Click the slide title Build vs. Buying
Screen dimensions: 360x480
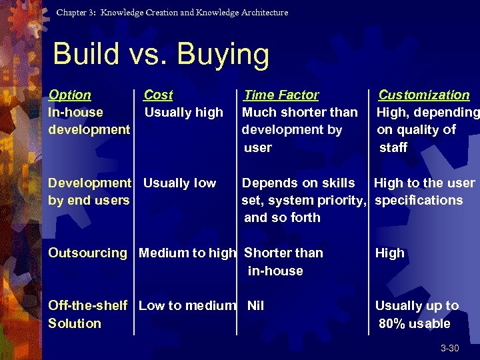[x=161, y=55]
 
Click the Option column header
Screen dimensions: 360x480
[x=70, y=95]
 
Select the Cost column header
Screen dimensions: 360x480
[x=158, y=95]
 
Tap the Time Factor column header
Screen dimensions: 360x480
[x=281, y=95]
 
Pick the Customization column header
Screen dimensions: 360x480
[x=424, y=95]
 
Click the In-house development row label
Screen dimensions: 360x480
[x=89, y=121]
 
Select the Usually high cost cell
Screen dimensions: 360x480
[x=183, y=113]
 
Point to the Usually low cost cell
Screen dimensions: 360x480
[x=180, y=183]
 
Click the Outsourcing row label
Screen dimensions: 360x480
[x=87, y=253]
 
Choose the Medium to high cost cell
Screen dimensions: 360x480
[x=187, y=253]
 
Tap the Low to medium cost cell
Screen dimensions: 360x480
[x=187, y=306]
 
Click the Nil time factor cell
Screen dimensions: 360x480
[x=255, y=306]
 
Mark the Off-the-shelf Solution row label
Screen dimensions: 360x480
[x=87, y=315]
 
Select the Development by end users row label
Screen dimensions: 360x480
[x=89, y=191]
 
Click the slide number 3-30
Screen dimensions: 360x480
[x=449, y=349]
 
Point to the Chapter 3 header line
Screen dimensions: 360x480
[x=172, y=13]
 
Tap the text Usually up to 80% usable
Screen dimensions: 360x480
[x=417, y=315]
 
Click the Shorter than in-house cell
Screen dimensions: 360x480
[x=283, y=262]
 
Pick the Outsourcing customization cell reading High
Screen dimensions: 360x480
[x=390, y=253]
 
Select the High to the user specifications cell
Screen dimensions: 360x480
[x=424, y=191]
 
